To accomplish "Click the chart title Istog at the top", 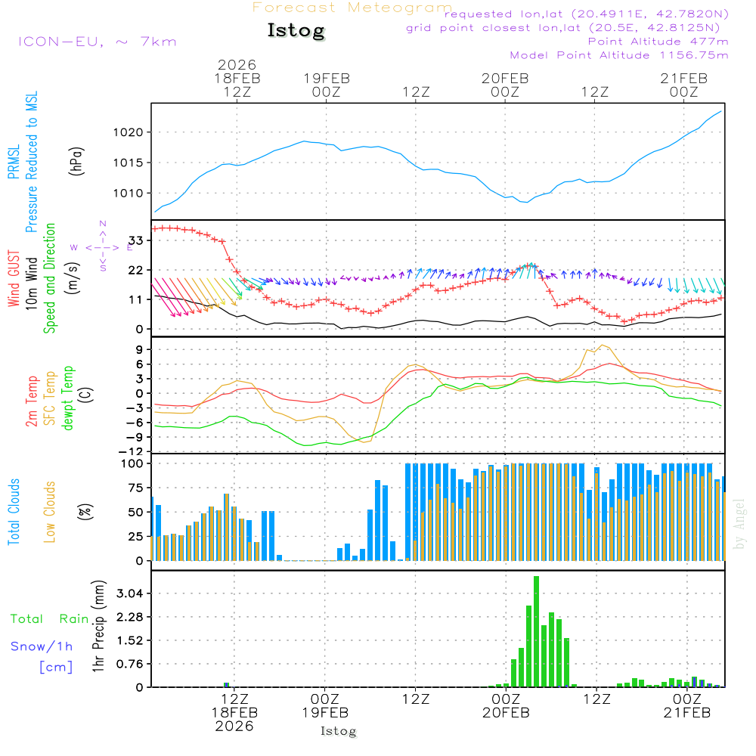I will pos(296,31).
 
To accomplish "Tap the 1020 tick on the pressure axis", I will pos(129,132).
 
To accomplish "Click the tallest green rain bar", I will pos(536,631).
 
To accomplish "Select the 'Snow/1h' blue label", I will pos(42,646).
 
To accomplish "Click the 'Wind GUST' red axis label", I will pos(14,279).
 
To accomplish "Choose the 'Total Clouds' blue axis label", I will pos(14,512).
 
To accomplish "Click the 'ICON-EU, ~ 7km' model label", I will pos(97,41).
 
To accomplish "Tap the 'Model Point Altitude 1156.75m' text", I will pos(619,55).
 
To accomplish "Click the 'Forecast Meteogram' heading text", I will pos(352,8).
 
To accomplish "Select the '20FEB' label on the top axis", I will pos(505,78).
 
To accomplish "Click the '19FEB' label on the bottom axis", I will pos(326,713).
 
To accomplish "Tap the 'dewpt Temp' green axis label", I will pos(68,398).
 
